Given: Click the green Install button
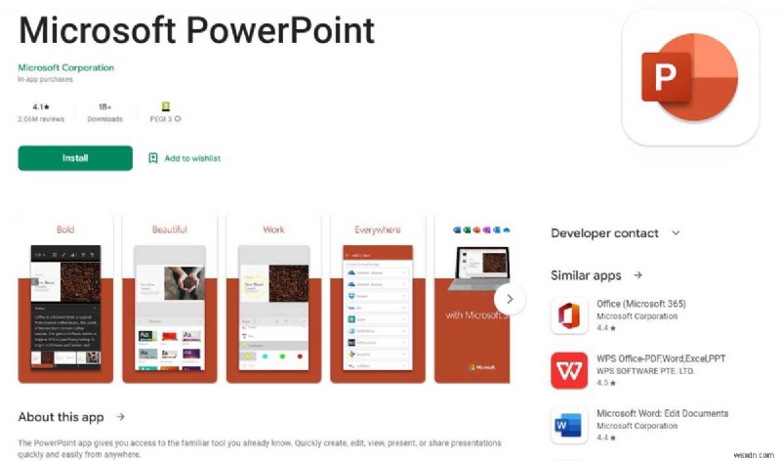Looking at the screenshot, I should click(75, 158).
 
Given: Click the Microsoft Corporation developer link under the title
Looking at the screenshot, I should click(65, 67).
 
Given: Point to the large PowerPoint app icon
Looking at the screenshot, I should click(690, 77).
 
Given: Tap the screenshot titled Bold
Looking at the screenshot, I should click(65, 298).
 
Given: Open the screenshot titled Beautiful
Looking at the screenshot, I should click(170, 298).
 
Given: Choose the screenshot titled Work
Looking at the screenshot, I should click(274, 298).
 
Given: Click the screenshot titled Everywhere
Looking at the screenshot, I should click(378, 298).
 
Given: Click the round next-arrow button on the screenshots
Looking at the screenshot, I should click(510, 299).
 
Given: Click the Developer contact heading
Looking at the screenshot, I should click(604, 233).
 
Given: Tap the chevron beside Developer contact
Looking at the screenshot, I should click(675, 233).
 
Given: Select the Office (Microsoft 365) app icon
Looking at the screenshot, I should click(569, 316).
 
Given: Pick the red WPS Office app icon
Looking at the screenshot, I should click(569, 371).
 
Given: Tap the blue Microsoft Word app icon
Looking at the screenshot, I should click(569, 426).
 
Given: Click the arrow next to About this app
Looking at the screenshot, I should click(121, 417).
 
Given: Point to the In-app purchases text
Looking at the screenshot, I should click(46, 79).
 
